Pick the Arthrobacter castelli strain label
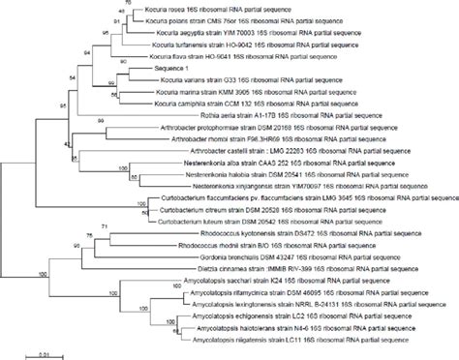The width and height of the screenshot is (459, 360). point(320,152)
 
